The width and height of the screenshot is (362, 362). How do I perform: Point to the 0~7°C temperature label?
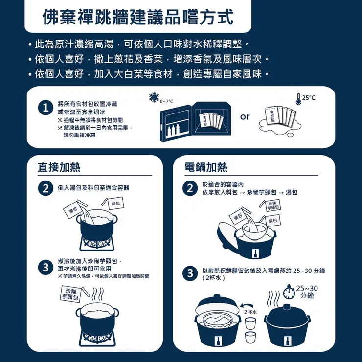pyautogui.click(x=167, y=101)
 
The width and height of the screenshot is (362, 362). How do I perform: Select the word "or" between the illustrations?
pyautogui.click(x=245, y=117)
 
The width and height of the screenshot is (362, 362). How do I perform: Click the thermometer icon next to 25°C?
pyautogui.click(x=297, y=99)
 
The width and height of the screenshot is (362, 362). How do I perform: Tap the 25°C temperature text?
pyautogui.click(x=309, y=98)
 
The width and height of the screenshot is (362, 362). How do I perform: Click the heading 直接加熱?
pyautogui.click(x=59, y=167)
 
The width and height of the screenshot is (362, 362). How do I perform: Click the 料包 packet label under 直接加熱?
pyautogui.click(x=116, y=203)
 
